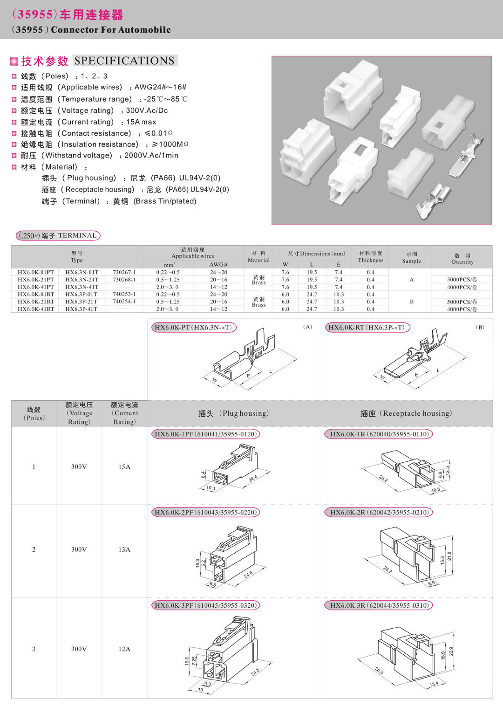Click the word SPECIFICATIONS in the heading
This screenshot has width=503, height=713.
[124, 61]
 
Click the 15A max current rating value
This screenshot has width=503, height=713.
[141, 122]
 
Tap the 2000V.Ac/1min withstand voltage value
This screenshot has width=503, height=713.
[151, 156]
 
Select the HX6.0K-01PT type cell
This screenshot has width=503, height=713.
[36, 272]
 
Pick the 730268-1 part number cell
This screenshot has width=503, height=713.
[124, 280]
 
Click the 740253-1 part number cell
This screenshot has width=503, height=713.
[124, 294]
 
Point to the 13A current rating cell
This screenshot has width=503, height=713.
[124, 550]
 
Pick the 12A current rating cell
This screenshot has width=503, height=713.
[124, 649]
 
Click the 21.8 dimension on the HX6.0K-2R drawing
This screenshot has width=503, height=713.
[449, 556]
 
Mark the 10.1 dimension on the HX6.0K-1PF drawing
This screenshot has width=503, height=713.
[211, 488]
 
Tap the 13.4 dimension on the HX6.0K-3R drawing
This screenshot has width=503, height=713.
[434, 684]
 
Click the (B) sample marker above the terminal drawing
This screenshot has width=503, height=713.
[480, 327]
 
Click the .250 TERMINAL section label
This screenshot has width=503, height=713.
[58, 236]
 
